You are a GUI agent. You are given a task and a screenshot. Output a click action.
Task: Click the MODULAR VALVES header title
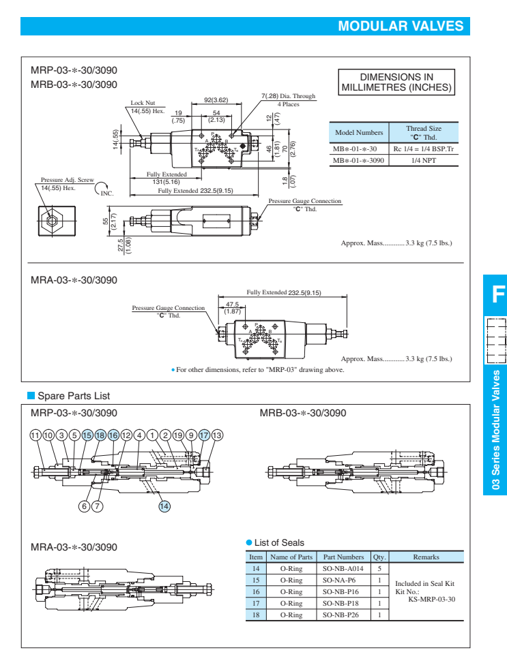coord(401,27)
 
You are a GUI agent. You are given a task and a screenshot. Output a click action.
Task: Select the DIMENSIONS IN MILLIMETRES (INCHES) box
coord(396,82)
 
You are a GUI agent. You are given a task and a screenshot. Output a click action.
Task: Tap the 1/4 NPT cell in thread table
coord(424,160)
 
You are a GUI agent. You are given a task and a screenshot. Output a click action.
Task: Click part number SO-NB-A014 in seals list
coord(343,568)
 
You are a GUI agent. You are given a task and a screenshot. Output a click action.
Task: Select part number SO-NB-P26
coord(343,614)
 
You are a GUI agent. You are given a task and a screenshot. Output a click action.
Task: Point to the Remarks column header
coord(426,557)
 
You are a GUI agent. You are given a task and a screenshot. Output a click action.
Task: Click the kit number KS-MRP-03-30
coord(431,599)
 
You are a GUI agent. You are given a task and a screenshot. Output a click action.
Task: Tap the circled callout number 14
coord(164,506)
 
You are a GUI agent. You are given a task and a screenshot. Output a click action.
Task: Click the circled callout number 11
coord(35,435)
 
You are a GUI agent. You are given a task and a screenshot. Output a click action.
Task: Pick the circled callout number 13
coord(217,435)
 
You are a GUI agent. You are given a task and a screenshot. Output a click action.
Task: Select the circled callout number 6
coord(85,506)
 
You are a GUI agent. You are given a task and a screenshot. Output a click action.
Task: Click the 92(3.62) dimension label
coord(216,100)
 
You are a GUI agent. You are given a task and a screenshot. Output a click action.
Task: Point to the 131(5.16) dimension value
coord(166,182)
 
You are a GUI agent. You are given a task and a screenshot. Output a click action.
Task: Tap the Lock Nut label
coord(143,103)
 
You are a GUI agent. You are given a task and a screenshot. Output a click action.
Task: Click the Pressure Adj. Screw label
coord(67,180)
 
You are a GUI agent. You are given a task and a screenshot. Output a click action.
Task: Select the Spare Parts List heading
coord(73,396)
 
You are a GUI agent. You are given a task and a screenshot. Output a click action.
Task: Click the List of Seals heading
coord(279,542)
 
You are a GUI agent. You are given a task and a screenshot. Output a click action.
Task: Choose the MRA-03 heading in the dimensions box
coord(74,280)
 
